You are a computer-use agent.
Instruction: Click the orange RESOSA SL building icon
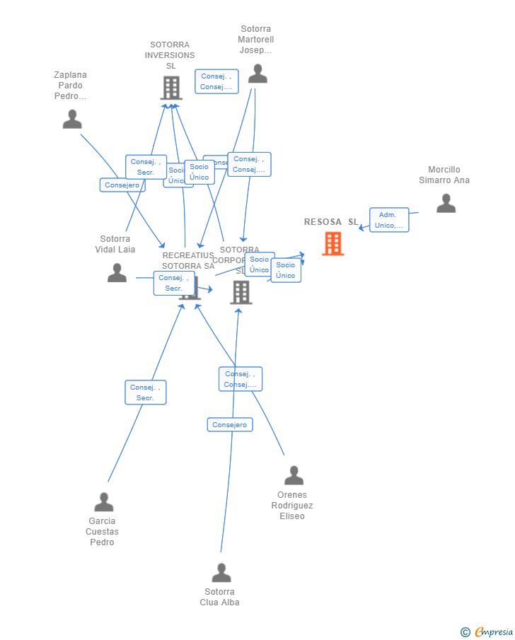(332, 243)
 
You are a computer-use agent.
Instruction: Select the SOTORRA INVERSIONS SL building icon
(171, 88)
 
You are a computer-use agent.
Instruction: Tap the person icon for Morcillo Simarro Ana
(446, 203)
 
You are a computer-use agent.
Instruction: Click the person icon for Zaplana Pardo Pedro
(72, 120)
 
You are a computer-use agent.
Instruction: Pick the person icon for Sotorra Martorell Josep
(257, 74)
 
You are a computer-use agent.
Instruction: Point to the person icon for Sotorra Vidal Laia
(117, 273)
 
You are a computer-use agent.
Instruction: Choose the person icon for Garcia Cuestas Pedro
(104, 502)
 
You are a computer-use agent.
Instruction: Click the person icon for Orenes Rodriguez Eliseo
(294, 475)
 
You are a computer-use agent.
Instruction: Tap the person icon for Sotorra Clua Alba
(221, 573)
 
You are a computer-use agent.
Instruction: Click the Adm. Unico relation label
(389, 220)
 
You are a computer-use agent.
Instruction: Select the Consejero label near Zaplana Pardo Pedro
(122, 185)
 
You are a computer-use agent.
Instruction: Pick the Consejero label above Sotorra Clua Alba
(230, 424)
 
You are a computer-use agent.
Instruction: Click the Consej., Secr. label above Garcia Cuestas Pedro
(146, 392)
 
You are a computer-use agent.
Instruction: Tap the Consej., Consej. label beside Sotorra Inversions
(216, 81)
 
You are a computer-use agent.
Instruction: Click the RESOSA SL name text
(331, 222)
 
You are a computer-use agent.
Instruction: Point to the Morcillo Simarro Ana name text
(444, 175)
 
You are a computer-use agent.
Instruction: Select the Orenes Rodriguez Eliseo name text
(292, 506)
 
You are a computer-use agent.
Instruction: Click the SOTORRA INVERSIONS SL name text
(170, 55)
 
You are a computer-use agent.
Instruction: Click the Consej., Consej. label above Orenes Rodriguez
(241, 379)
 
